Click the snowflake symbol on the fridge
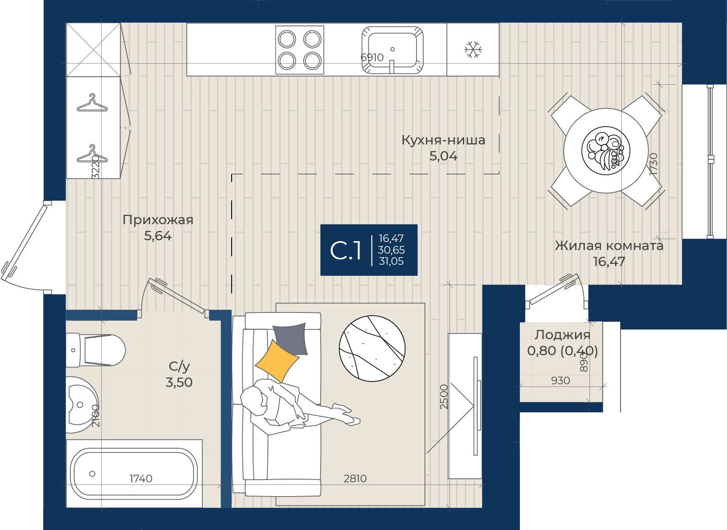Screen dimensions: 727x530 [x=473, y=49]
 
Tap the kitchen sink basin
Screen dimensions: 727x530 [x=392, y=50]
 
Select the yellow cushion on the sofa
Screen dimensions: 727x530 [x=277, y=361]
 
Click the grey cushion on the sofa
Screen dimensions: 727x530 [x=290, y=339]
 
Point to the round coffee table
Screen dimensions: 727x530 [x=372, y=349]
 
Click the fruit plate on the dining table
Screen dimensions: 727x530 [x=606, y=151]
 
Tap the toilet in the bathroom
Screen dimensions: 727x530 [x=96, y=350]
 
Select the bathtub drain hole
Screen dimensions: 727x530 [x=92, y=474]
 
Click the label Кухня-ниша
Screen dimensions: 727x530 [x=443, y=140]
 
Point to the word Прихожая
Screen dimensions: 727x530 [x=158, y=220]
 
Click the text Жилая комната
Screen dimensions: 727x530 [x=609, y=246]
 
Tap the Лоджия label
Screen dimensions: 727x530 [x=562, y=335]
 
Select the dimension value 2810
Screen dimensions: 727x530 [x=355, y=478]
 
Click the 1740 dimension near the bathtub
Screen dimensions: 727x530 [x=141, y=478]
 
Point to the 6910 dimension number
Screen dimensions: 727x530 [x=372, y=58]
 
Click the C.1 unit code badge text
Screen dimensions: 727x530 [x=345, y=251]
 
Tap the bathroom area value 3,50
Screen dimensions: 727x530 [x=179, y=382]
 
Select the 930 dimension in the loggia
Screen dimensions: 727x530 [x=560, y=380]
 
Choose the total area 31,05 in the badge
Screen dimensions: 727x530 [x=391, y=261]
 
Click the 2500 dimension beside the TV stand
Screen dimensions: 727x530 [x=444, y=397]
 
